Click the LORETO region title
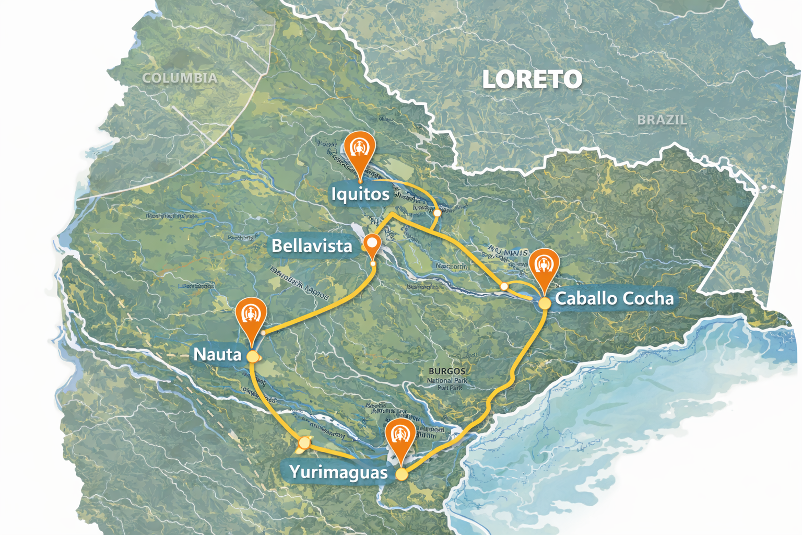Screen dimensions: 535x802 click(x=532, y=79)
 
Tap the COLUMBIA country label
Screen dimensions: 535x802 click(x=180, y=78)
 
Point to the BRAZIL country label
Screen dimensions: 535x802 click(x=662, y=120)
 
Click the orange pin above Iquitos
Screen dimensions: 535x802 click(x=360, y=148)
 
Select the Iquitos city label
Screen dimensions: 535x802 click(x=360, y=194)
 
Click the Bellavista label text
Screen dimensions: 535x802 click(x=312, y=246)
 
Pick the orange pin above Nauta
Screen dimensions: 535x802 click(x=251, y=316)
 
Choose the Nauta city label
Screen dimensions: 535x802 click(x=217, y=354)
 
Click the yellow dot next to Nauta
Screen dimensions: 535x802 click(x=253, y=356)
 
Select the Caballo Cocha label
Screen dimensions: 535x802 click(x=614, y=298)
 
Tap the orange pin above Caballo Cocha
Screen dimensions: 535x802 click(x=544, y=267)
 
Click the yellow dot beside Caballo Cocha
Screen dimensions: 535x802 click(x=545, y=303)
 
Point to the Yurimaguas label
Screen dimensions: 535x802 click(x=338, y=472)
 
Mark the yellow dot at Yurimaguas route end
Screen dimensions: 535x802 click(x=402, y=474)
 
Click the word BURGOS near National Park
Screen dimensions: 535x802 click(x=446, y=371)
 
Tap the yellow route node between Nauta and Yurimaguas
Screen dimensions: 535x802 click(x=304, y=443)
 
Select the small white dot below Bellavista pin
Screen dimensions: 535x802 click(x=373, y=263)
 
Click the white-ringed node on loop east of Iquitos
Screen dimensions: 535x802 click(x=438, y=213)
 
